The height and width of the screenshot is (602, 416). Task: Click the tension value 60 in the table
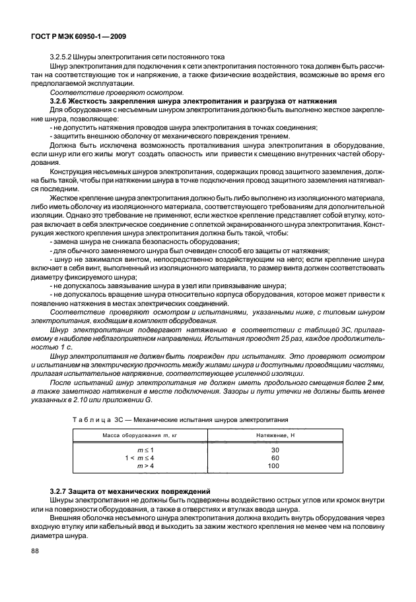pos(275,458)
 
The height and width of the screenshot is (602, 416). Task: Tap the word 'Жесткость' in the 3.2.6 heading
pos(92,102)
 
